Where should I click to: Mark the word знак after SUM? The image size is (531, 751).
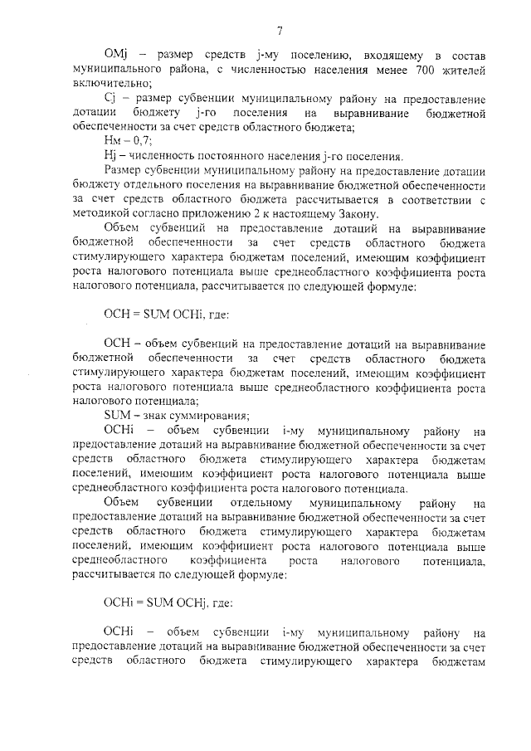pos(153,416)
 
